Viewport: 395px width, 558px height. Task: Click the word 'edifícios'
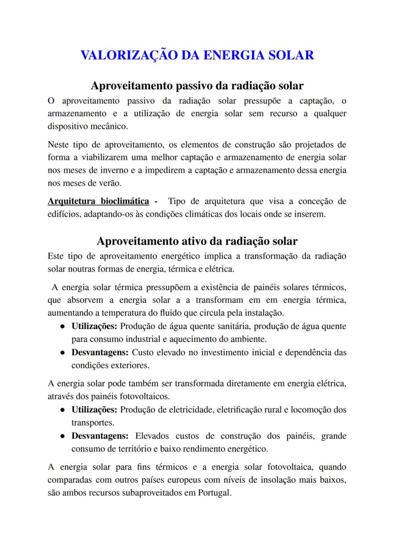[64, 214]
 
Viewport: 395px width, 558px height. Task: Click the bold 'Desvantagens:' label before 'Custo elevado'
[100, 353]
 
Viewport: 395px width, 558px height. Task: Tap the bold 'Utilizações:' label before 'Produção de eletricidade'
[94, 410]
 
